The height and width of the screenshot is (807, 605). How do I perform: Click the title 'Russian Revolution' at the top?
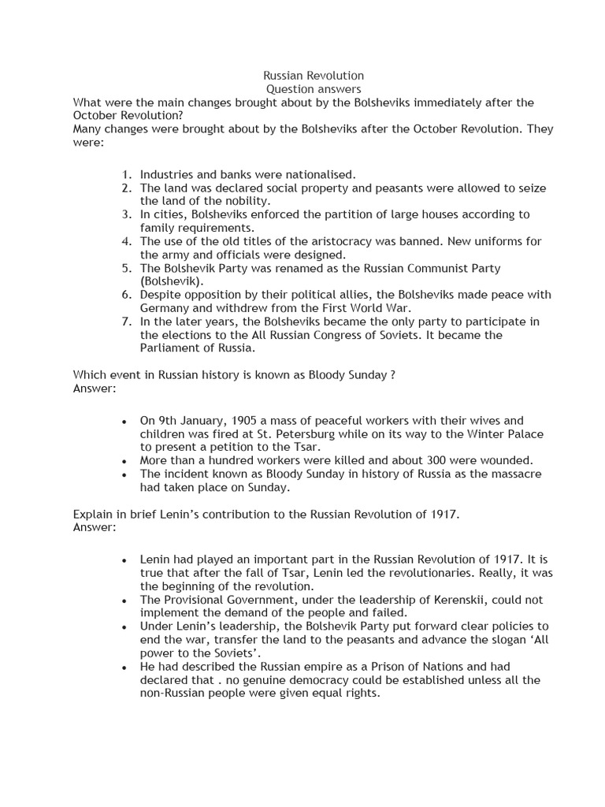coord(313,76)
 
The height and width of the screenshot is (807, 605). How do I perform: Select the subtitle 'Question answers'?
coord(313,90)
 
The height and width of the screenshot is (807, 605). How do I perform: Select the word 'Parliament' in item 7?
coord(169,348)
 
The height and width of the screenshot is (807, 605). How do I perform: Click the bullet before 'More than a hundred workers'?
coord(124,461)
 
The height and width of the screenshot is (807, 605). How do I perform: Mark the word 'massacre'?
coord(514,474)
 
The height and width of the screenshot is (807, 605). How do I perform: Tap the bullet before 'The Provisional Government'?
coord(124,601)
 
